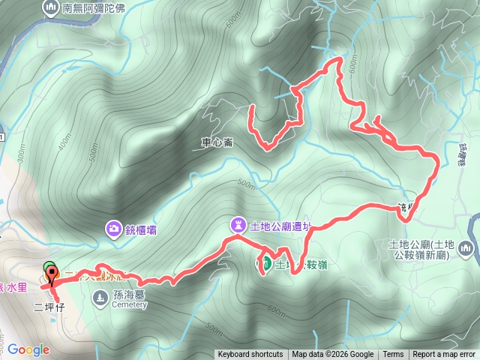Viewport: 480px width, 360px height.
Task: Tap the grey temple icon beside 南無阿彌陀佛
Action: pyautogui.click(x=51, y=9)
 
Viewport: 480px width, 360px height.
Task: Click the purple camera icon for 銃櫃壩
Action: pyautogui.click(x=113, y=228)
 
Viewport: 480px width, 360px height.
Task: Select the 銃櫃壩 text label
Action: pyautogui.click(x=142, y=229)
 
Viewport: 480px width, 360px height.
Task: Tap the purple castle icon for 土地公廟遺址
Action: pyautogui.click(x=238, y=224)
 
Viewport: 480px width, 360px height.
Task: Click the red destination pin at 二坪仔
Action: pyautogui.click(x=51, y=277)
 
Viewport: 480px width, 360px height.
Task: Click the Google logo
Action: pyautogui.click(x=28, y=349)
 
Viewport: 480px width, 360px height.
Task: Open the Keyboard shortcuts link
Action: pyautogui.click(x=250, y=355)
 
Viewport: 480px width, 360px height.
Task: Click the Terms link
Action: pyautogui.click(x=393, y=355)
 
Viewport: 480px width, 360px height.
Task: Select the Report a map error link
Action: pyautogui.click(x=444, y=355)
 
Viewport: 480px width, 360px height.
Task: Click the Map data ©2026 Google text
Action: pyautogui.click(x=333, y=355)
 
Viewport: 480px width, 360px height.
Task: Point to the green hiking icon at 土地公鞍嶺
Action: pyautogui.click(x=265, y=263)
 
